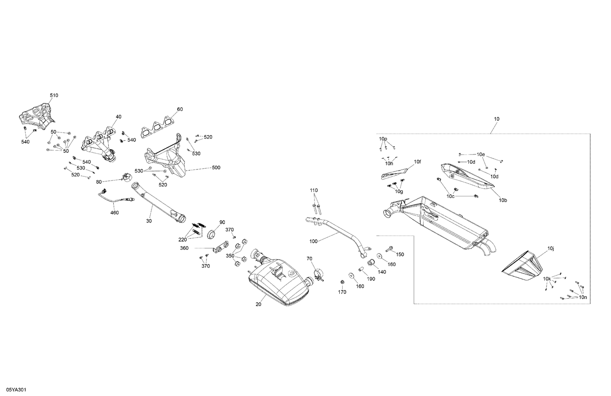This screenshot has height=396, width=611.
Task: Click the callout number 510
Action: [x=54, y=95]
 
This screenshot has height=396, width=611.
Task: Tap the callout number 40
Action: [x=118, y=117]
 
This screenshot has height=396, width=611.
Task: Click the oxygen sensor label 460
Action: [x=114, y=213]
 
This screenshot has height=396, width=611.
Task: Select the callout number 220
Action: [x=182, y=240]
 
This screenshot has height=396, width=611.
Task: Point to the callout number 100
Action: [x=313, y=241]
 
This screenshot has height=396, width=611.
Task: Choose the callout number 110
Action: [x=313, y=190]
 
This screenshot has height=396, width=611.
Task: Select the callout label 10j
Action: [x=551, y=248]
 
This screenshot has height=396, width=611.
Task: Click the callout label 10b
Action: [x=503, y=200]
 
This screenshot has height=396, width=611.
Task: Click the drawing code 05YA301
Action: [x=15, y=390]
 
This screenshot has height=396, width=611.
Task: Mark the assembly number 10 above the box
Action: [x=496, y=119]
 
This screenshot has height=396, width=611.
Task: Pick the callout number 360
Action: [x=185, y=248]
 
